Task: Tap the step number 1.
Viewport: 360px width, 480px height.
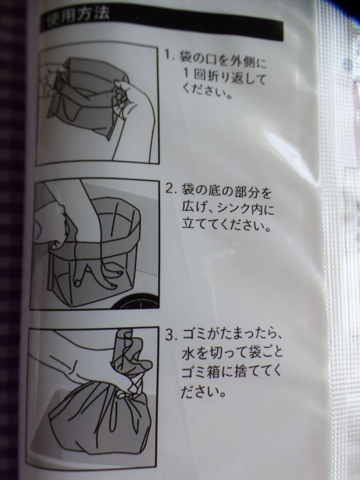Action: (168, 55)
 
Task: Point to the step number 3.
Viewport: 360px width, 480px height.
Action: (170, 335)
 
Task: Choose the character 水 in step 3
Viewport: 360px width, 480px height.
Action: (188, 354)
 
